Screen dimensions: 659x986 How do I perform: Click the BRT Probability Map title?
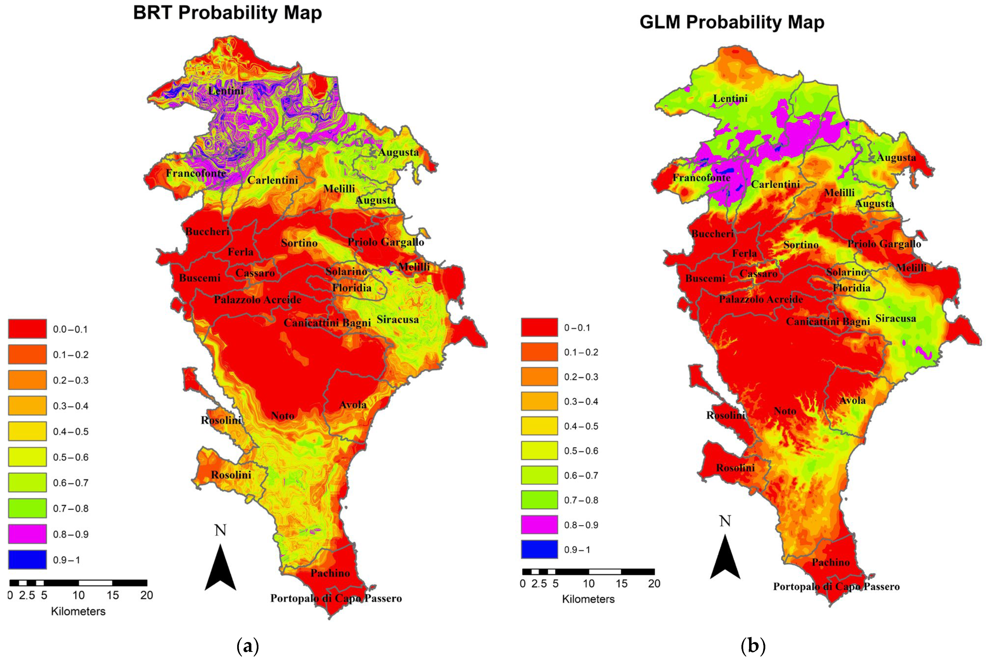click(227, 13)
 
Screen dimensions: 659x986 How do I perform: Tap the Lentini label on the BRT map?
click(226, 90)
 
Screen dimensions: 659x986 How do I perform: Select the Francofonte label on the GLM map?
click(701, 178)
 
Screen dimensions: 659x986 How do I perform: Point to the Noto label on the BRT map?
click(282, 416)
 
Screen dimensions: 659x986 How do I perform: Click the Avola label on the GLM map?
click(853, 401)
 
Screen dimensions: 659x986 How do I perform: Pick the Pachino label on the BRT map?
click(330, 573)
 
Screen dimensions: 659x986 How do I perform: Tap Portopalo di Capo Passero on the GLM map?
click(836, 587)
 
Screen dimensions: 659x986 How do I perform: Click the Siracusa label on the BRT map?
click(397, 320)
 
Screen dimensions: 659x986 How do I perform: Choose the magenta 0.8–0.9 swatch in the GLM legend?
click(539, 525)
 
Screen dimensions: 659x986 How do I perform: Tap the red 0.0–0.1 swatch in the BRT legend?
click(27, 329)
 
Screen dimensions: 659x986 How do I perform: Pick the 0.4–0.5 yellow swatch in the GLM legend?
click(539, 426)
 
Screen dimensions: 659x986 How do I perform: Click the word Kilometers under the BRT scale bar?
click(78, 611)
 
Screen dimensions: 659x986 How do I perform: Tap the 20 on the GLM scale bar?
click(654, 584)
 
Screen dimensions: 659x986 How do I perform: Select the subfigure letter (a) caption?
click(248, 646)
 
